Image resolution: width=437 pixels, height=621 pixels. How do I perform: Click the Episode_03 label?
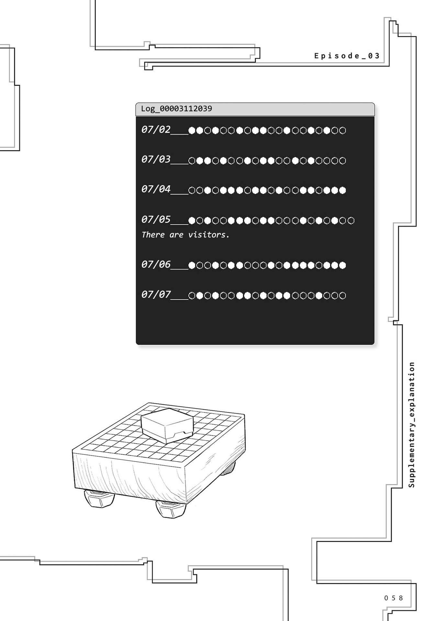(347, 56)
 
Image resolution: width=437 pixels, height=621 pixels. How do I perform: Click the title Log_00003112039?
(176, 109)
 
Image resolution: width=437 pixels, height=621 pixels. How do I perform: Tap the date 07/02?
(156, 130)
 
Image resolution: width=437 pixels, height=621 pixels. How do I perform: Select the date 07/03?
(156, 159)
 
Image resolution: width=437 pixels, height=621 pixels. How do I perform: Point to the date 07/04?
(156, 189)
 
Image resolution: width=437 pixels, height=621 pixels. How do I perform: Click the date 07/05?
(156, 220)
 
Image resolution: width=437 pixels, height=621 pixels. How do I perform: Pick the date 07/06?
(156, 265)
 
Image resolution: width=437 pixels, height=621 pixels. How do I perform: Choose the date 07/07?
(156, 295)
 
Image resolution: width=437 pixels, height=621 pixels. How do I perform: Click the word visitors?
(209, 235)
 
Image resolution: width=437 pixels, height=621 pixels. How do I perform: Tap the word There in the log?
(153, 235)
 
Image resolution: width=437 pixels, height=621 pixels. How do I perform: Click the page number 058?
(394, 598)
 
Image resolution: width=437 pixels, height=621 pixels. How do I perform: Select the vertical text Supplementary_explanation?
(411, 425)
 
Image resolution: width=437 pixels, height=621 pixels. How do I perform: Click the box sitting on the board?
(167, 425)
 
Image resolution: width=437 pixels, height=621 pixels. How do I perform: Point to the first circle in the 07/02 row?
(192, 131)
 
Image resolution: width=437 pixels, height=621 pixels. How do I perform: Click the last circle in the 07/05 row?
(351, 221)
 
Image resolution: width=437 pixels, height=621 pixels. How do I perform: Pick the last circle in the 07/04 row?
(342, 191)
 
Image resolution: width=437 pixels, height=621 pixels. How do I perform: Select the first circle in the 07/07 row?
(192, 296)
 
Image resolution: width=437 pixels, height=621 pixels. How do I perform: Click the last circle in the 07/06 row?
(342, 266)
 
